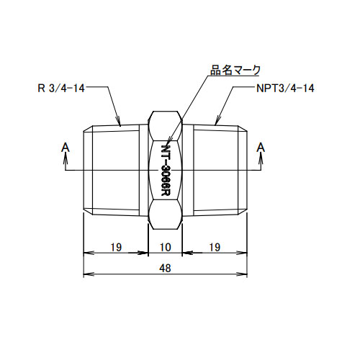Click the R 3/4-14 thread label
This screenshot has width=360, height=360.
[x=71, y=89]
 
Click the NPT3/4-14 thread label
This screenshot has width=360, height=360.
[x=284, y=89]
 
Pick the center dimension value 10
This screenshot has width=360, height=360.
[x=166, y=246]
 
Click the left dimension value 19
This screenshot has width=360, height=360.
[x=115, y=246]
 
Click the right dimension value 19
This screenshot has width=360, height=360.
[x=215, y=246]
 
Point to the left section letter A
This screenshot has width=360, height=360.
[x=66, y=147]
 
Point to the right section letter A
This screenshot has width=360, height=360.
[x=261, y=147]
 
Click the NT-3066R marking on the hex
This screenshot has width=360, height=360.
[x=166, y=170]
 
